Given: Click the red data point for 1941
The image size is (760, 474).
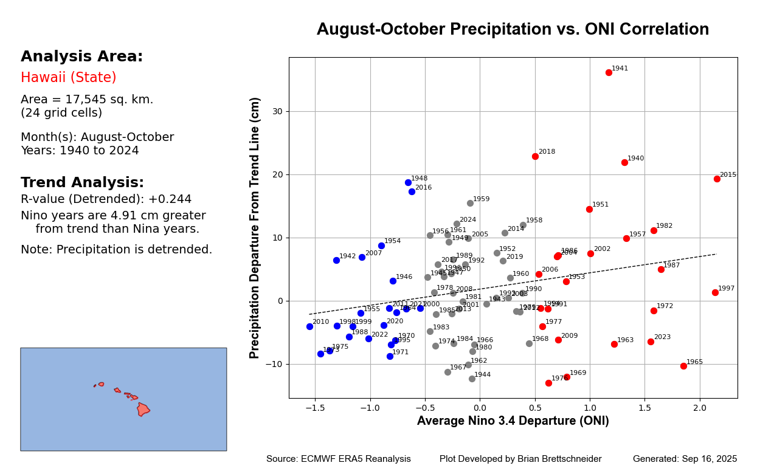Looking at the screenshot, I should coord(609,72).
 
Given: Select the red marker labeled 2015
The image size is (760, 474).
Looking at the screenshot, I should coord(717,179).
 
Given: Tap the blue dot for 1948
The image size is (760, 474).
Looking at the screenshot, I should coord(408,182).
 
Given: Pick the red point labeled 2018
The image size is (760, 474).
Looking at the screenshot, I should coord(535,156).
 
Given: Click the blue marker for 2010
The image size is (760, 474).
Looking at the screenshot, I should coord(309,326).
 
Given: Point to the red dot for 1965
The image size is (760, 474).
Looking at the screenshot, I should coord(683,366).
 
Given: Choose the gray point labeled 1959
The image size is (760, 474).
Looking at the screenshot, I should coord(470,203).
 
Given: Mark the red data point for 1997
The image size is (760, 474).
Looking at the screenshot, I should coord(715,292).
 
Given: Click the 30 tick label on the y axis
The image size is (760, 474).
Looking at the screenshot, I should coord(277,111).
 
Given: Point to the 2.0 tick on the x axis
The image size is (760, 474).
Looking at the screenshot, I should coord(700,407).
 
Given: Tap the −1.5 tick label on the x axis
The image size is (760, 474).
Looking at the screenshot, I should coord(314,407).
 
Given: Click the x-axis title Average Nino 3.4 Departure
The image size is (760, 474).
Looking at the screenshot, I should coord(513,421).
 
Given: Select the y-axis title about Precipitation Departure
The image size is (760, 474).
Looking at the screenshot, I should coord(255,228).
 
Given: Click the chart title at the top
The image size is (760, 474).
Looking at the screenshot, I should coord(513,30).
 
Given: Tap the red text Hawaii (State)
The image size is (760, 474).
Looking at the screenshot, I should coord(68,78).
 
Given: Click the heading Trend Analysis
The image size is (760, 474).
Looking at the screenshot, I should coord(82,183).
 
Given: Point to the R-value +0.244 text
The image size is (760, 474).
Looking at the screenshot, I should coord(106,199).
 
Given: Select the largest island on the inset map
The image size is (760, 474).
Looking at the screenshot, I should coord(143,409).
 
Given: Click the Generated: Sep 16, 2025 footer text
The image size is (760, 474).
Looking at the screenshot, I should coord(685,459).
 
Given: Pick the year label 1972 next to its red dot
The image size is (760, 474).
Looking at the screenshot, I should coord(665,306).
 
